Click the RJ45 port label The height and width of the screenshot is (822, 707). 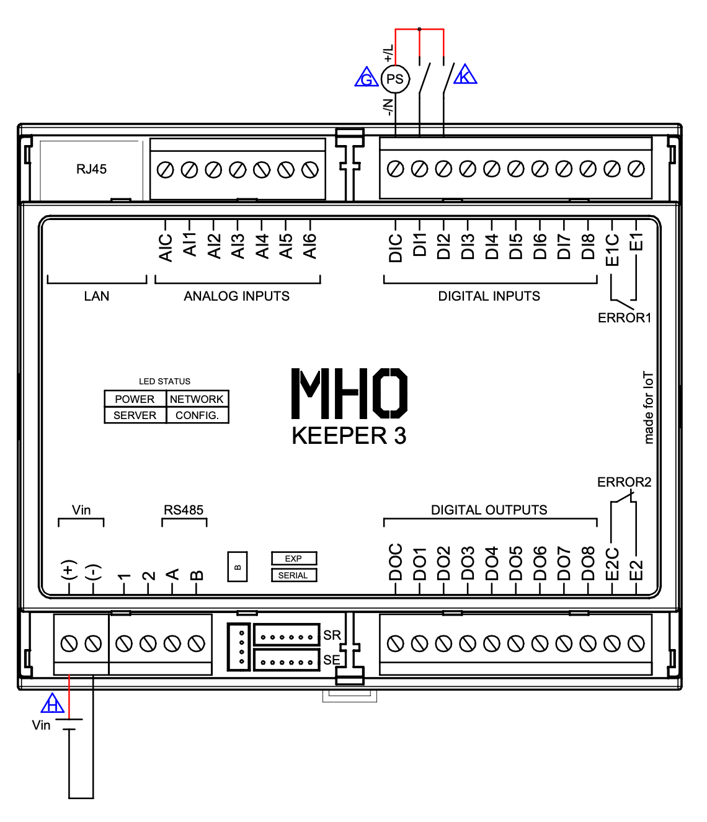(91, 169)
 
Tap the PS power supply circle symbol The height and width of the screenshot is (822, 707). (395, 79)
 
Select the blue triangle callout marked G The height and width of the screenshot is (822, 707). (367, 78)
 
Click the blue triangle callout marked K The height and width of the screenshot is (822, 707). (465, 76)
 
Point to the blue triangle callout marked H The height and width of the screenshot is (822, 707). (53, 704)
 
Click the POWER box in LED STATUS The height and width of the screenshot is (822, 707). (135, 399)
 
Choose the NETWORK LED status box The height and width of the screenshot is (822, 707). (197, 399)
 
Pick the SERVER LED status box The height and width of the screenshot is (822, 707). (135, 415)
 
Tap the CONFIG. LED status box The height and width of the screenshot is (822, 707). (197, 415)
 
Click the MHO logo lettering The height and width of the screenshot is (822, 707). (349, 394)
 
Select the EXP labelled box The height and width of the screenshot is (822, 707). (293, 559)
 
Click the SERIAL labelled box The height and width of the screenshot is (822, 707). (293, 575)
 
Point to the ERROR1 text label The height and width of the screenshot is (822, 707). (624, 318)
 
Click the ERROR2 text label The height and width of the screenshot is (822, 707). (624, 482)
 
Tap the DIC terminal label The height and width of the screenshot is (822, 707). (396, 248)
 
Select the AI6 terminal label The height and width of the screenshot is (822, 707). (310, 245)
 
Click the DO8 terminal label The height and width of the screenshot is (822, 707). (588, 563)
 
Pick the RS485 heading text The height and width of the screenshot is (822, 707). (184, 510)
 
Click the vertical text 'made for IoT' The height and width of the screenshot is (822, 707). (648, 407)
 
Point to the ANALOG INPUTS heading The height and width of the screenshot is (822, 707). (236, 296)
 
